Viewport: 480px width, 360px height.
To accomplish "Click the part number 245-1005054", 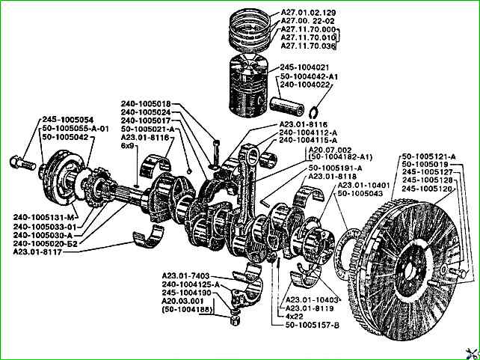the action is (x=67, y=120).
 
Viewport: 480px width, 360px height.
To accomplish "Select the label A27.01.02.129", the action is (x=308, y=13).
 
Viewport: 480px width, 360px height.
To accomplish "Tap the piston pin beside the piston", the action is (x=287, y=106).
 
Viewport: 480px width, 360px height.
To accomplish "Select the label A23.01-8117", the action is (x=37, y=252).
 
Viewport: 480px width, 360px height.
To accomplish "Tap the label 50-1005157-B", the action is (x=313, y=325).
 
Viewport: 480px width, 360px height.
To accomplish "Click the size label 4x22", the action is (x=294, y=317).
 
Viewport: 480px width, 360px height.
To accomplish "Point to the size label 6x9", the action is (x=128, y=146).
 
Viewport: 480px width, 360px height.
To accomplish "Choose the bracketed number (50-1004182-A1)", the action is (x=340, y=157).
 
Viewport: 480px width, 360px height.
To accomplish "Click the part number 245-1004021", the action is (x=304, y=67).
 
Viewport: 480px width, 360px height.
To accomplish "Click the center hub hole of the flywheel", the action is (x=410, y=269).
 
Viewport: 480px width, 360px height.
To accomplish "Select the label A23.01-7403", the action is (x=186, y=276).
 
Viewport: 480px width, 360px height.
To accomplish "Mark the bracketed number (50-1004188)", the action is (x=187, y=310).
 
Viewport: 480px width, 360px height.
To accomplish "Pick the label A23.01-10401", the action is (x=363, y=186).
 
